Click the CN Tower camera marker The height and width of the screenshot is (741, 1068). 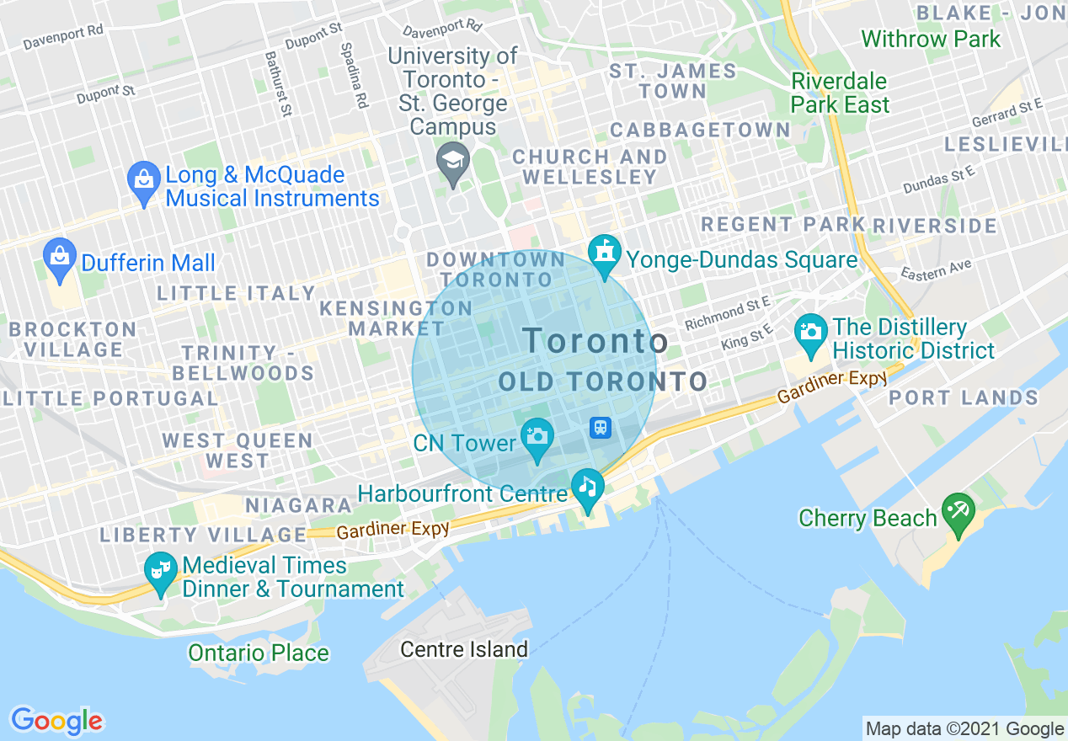[537, 436]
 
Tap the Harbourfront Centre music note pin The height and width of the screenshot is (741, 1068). [587, 486]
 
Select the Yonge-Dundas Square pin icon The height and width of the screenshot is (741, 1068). [604, 252]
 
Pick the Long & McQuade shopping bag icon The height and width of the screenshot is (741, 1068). [144, 179]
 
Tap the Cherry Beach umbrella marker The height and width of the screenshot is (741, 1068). [958, 510]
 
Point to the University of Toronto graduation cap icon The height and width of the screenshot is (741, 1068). [453, 159]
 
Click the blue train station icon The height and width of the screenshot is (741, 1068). [601, 427]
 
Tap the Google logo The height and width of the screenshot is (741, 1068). [56, 721]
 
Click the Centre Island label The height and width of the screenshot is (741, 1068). [464, 649]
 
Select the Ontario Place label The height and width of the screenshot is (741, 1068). [259, 653]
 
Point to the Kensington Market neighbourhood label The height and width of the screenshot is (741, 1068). [396, 318]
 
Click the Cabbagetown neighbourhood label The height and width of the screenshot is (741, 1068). [700, 131]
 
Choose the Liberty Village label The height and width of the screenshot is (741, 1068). [203, 535]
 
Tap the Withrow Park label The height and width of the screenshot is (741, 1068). [931, 39]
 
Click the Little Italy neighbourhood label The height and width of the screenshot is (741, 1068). [236, 293]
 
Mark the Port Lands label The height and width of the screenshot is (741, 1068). [964, 397]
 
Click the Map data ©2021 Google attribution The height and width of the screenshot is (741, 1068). [964, 729]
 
